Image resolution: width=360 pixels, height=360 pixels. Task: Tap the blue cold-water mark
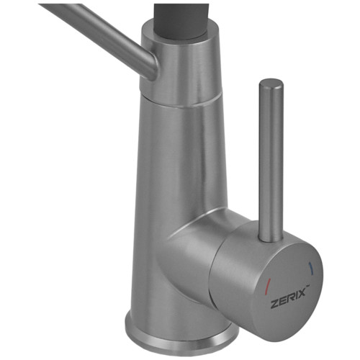[312, 267]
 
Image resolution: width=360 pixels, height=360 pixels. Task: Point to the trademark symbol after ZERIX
[307, 285]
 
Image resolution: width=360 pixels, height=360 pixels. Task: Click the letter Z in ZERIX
[274, 304]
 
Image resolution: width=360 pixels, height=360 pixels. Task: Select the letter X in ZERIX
[301, 293]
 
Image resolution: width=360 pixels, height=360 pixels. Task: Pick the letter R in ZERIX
[289, 297]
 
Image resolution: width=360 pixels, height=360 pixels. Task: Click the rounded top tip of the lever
[271, 83]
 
